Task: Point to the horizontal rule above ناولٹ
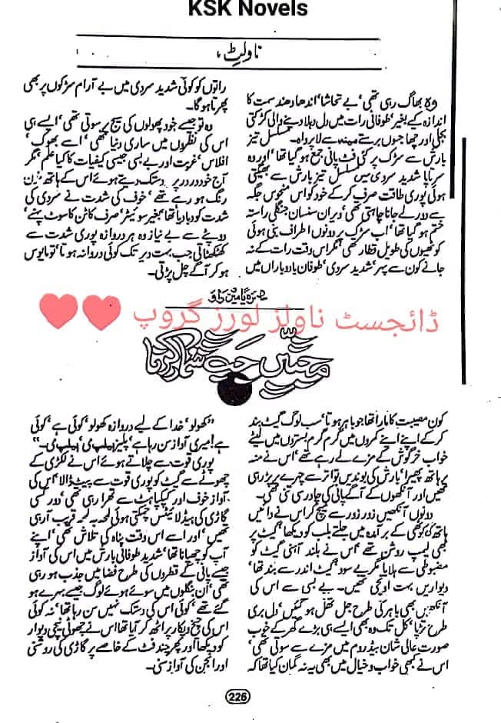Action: [x=231, y=39]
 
